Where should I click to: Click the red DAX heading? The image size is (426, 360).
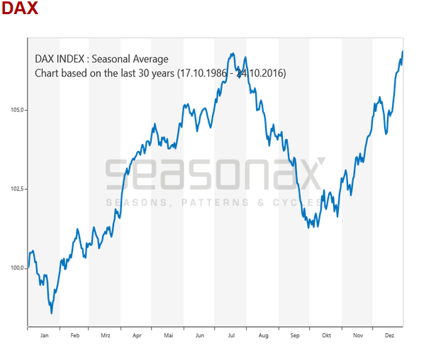coord(20,9)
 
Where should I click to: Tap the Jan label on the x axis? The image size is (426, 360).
coord(43,335)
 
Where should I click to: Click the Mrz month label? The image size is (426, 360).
coord(105,335)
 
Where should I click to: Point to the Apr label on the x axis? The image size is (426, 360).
coord(136,335)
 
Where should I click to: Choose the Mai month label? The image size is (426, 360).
coord(168,335)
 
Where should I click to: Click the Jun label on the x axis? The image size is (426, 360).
coord(200,335)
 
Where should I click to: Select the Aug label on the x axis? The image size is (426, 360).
coord(263,335)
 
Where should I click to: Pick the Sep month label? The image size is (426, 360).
coord(294,335)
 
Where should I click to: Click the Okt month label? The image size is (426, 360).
coord(326,335)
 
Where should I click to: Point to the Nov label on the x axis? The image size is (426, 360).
coord(357,335)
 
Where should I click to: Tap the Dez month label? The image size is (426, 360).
coord(389,335)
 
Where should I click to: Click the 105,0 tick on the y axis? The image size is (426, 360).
coord(18,110)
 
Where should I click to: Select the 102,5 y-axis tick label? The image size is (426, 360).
coord(18,189)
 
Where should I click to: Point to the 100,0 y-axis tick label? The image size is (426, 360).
coord(18,269)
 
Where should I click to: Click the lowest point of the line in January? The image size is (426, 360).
coord(51,313)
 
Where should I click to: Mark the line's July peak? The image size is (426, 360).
coord(231,53)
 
